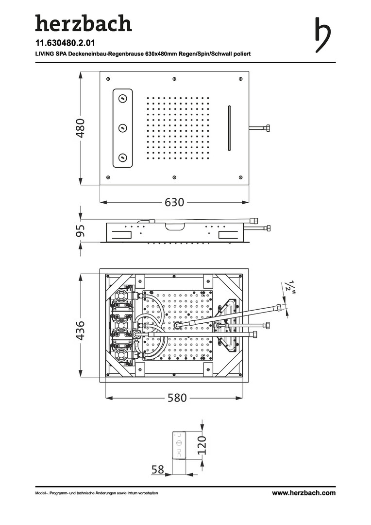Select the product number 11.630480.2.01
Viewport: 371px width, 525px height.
point(65,43)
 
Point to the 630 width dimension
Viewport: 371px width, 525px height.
point(174,202)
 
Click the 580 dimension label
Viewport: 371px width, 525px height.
point(177,398)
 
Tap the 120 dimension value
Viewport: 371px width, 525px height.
point(202,445)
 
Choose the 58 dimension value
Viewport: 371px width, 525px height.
point(157,470)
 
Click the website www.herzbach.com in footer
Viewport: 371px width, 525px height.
point(304,493)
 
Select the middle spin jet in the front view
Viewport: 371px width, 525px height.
point(123,128)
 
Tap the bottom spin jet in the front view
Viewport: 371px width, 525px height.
point(123,157)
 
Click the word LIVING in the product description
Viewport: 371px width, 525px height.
point(45,54)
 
